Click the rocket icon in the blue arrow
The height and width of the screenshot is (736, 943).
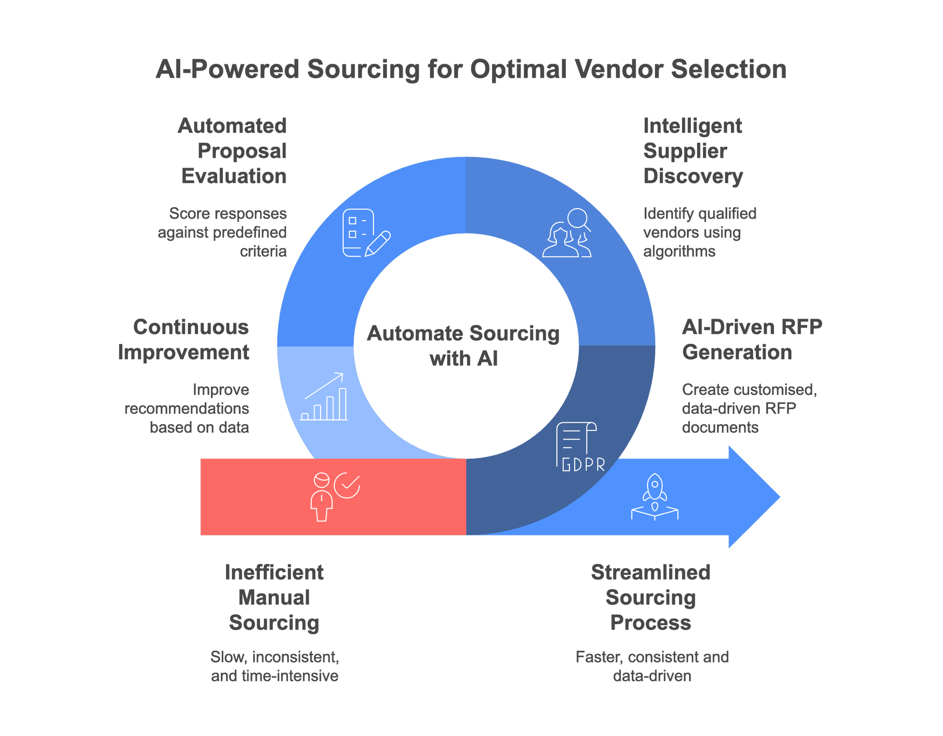(x=654, y=496)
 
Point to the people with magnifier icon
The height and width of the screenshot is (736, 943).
(x=567, y=233)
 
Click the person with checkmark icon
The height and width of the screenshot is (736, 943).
(x=335, y=497)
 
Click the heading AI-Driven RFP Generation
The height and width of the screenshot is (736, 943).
(x=751, y=339)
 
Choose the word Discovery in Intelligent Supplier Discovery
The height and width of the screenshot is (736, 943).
(x=693, y=176)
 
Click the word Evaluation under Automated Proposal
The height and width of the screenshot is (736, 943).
(x=234, y=176)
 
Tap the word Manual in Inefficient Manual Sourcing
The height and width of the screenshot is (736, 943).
(x=274, y=597)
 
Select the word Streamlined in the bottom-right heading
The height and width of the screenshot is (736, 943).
(x=650, y=572)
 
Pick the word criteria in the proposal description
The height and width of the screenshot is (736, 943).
(x=263, y=251)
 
